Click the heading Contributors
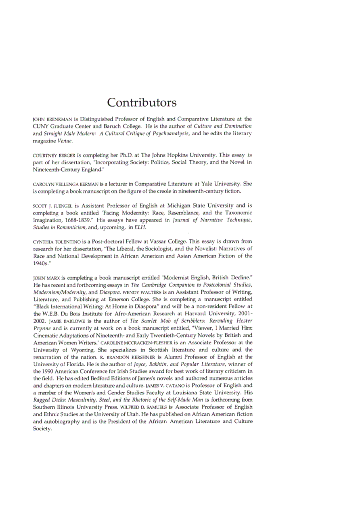point(142,102)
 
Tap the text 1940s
point(40,263)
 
